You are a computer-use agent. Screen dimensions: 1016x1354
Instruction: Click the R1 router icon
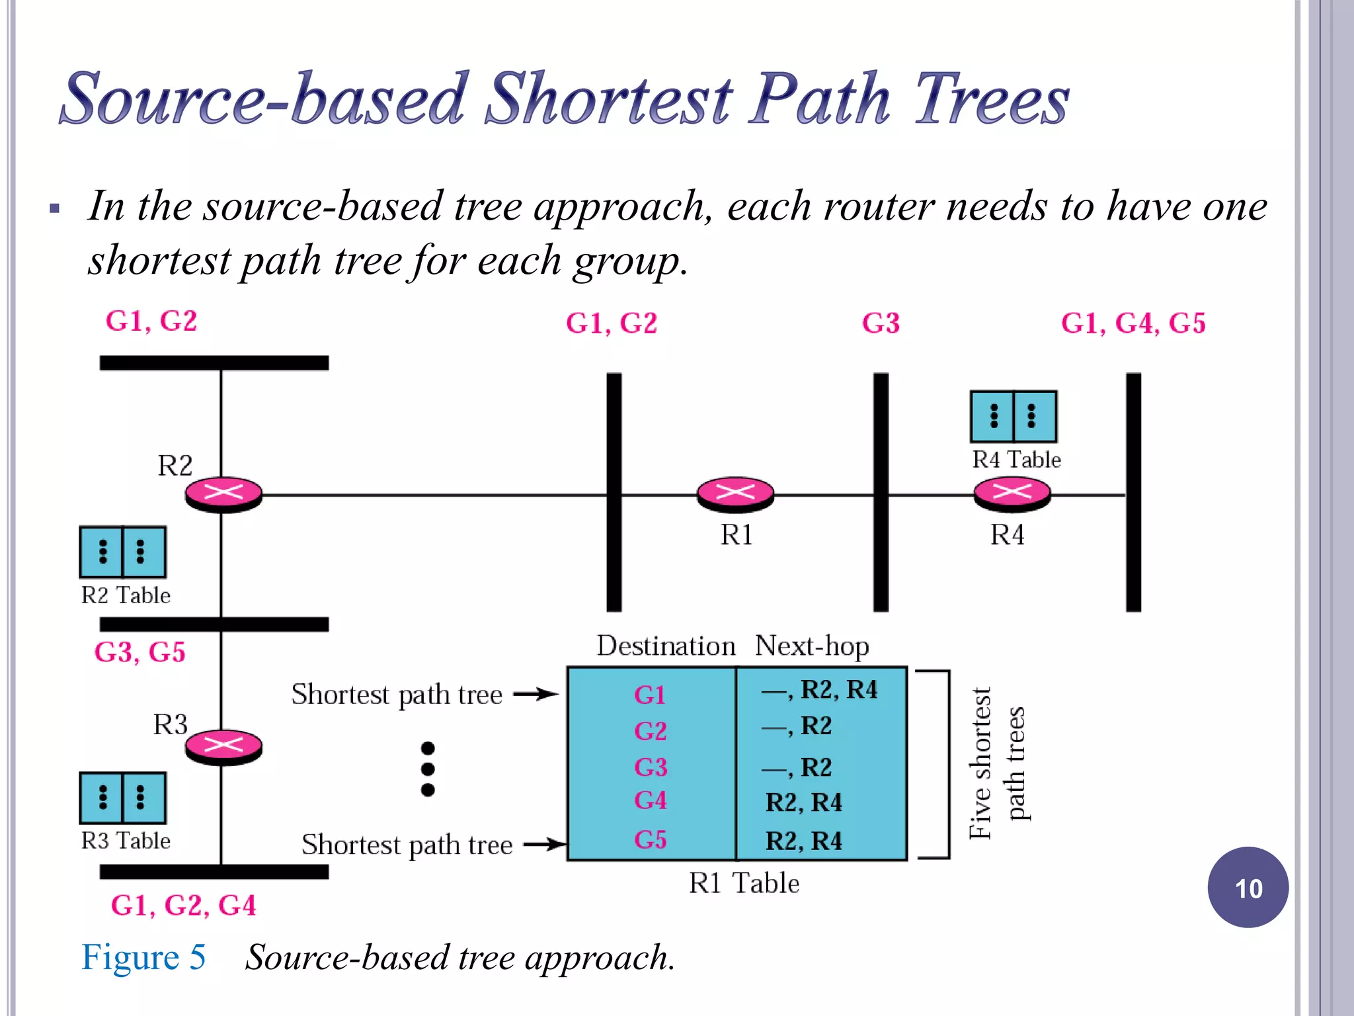pos(735,493)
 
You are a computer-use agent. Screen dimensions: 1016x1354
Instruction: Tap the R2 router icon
pos(223,493)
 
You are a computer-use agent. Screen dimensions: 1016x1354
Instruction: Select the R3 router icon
pos(223,747)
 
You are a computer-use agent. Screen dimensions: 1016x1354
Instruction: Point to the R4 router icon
pos(1012,493)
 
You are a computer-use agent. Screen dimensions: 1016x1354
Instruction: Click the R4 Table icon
pos(1013,416)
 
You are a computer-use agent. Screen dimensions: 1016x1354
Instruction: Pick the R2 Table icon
pos(122,552)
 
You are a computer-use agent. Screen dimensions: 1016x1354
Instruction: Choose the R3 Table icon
pos(122,798)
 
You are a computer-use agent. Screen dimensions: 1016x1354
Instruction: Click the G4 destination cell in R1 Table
pos(651,801)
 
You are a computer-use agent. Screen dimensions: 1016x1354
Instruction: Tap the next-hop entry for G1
pos(820,691)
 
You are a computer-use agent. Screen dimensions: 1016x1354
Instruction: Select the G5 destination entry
pos(651,840)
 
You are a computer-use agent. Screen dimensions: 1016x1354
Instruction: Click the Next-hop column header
pos(812,646)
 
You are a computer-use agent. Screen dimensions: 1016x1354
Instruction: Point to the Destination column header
pos(666,646)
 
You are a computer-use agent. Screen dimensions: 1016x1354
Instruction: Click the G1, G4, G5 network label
pos(1133,323)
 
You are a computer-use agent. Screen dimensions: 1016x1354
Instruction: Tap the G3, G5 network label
pos(139,652)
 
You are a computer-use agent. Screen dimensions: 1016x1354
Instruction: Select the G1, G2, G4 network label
pos(183,906)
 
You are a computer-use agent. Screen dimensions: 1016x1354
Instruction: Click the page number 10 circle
pos(1248,888)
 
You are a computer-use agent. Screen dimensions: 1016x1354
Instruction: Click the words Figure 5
pos(143,957)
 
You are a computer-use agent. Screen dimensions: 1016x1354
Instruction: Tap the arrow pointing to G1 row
pos(536,694)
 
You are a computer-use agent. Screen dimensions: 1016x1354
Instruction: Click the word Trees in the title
pos(991,99)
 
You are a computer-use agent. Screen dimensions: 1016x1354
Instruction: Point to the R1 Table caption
pos(744,884)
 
